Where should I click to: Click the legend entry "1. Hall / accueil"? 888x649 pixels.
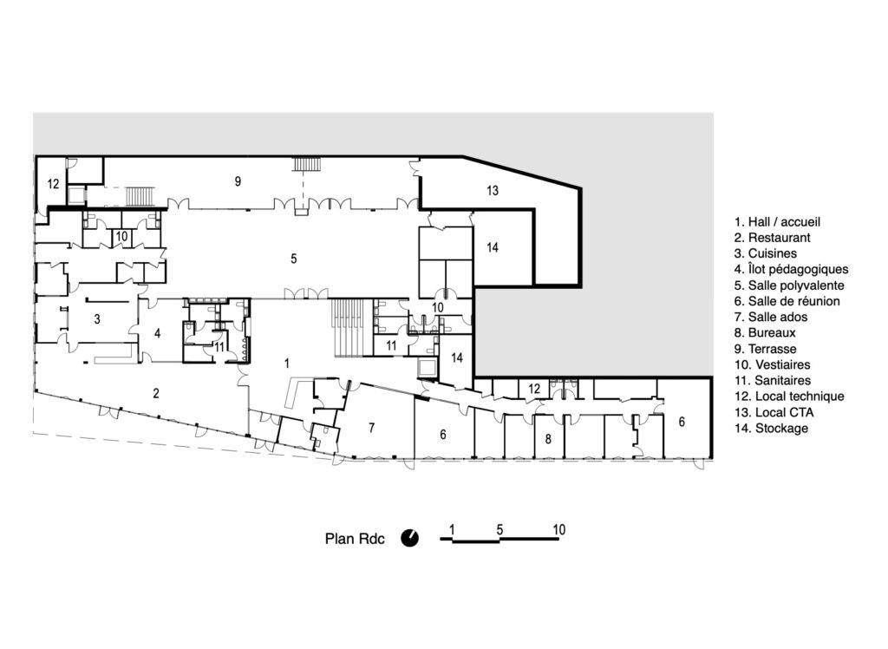tap(777, 222)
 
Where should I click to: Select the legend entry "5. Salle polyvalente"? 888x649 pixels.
tap(789, 285)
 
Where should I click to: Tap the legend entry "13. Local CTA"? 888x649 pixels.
tap(774, 413)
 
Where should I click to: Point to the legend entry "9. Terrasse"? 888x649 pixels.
tap(765, 349)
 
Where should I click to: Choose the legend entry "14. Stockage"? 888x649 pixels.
tap(771, 429)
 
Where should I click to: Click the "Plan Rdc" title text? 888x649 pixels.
tap(355, 539)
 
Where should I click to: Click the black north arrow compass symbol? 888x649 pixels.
tap(410, 538)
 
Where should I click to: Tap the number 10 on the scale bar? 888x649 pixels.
tap(559, 529)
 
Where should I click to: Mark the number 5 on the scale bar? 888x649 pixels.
tap(499, 529)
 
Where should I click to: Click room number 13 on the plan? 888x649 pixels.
tap(493, 191)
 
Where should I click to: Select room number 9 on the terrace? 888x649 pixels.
tap(238, 181)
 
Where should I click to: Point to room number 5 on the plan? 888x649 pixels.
tap(293, 259)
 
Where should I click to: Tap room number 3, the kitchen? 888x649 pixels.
tap(97, 319)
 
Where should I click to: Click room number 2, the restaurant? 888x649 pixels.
tap(156, 393)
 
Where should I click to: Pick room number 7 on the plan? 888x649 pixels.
tap(371, 428)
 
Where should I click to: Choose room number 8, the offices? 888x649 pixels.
tap(548, 439)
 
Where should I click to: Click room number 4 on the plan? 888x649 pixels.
tap(158, 333)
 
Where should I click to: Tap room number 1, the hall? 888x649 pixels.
tap(287, 363)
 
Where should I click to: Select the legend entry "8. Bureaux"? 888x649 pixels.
tap(765, 333)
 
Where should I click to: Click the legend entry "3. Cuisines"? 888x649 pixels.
tap(765, 254)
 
